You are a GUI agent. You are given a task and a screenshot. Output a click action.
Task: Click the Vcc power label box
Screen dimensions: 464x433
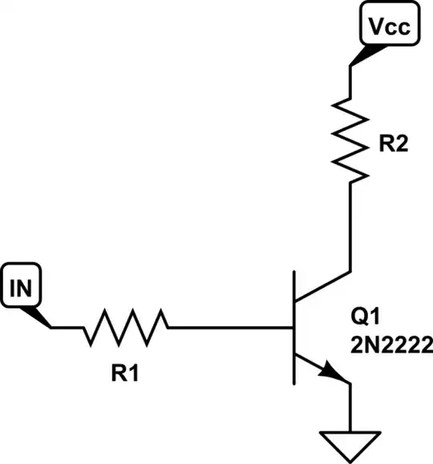click(x=389, y=27)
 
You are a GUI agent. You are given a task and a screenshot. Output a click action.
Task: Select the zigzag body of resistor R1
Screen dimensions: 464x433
click(x=126, y=327)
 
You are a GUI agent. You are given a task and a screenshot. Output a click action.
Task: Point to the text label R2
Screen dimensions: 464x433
click(x=395, y=146)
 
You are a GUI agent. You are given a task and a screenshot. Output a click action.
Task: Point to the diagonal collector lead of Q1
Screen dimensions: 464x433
click(x=322, y=285)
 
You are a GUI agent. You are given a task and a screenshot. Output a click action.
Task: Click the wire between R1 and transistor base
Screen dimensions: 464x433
click(x=229, y=327)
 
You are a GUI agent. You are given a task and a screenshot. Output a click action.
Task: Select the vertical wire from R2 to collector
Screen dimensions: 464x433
click(x=350, y=228)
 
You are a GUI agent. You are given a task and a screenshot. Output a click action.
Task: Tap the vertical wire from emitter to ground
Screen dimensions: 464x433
click(x=350, y=409)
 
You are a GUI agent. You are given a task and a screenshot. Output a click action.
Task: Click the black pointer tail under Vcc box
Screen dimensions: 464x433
click(x=360, y=55)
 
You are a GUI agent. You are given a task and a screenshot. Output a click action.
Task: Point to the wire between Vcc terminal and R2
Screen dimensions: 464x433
click(x=350, y=80)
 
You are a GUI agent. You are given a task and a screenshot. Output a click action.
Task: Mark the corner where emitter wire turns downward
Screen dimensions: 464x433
click(x=350, y=384)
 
